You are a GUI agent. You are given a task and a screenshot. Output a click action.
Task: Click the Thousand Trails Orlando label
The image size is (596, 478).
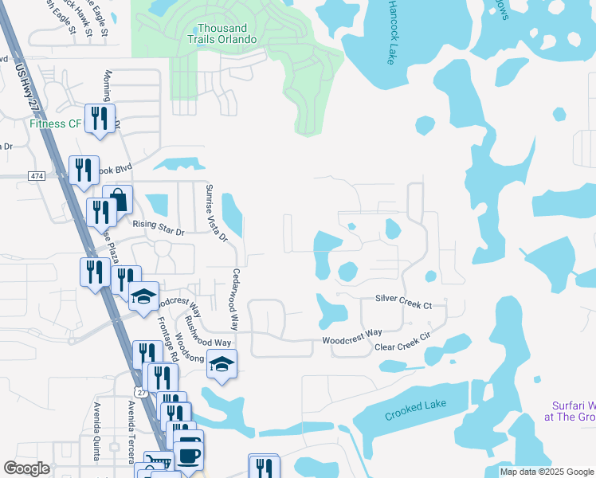pos(222,33)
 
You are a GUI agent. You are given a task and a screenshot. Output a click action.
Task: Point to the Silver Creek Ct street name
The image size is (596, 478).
pos(403,304)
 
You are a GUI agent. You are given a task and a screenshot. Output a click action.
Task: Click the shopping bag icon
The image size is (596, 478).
pos(118,199)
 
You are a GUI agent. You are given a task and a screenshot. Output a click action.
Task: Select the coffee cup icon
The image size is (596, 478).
pos(188,456)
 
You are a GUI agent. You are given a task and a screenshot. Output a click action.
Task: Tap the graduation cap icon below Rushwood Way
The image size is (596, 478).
pos(222,365)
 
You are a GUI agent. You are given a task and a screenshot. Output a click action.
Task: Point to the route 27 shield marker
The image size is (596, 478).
pos(141,392)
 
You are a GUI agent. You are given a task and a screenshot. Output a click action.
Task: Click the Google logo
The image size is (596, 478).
pos(27,468)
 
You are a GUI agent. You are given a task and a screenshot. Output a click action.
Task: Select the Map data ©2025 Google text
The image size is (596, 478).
pos(547,472)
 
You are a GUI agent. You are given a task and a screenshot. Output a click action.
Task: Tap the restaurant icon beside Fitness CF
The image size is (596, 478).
pos(100,119)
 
